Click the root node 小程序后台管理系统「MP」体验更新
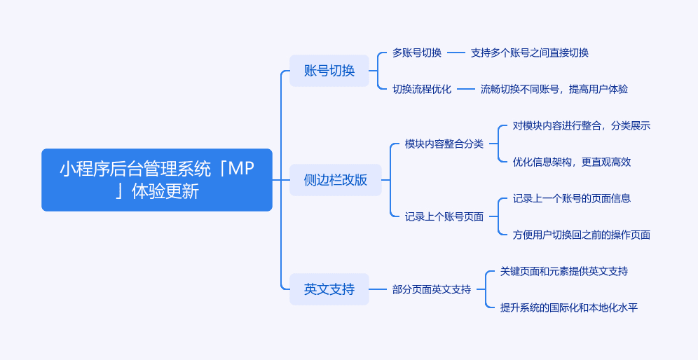(x=157, y=180)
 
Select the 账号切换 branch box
(x=329, y=71)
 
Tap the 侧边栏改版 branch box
(x=336, y=180)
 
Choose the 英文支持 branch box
(x=329, y=289)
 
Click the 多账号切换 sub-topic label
(x=417, y=53)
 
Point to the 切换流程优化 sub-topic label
(x=422, y=89)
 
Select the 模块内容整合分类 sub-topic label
(x=444, y=144)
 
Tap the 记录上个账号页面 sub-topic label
(x=444, y=216)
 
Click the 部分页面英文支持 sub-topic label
(x=432, y=289)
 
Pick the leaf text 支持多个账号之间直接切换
(x=530, y=53)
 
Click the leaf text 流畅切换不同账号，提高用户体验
(x=554, y=89)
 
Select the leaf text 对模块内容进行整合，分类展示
(x=582, y=125)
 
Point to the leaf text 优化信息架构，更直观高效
(x=572, y=162)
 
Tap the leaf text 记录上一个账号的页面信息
(x=572, y=198)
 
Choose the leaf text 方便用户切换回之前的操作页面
(x=582, y=235)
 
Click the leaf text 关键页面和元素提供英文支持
(x=564, y=271)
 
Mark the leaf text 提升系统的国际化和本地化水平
(x=569, y=307)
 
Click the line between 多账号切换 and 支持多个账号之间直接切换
(x=456, y=53)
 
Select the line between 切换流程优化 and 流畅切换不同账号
(x=466, y=89)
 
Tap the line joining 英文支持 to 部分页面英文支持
(x=378, y=289)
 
